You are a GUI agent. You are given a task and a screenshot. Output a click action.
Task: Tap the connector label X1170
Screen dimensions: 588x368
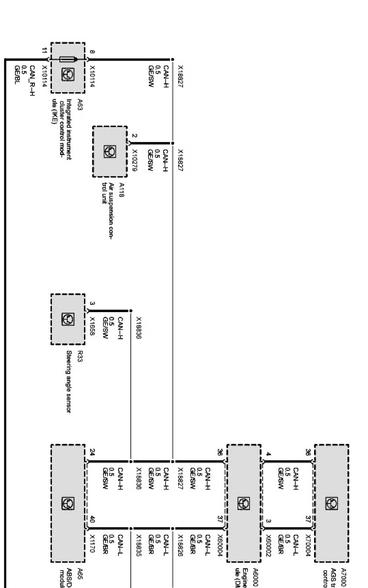coord(93,543)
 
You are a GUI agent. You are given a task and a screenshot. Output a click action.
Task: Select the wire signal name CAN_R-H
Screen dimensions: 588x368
coord(32,80)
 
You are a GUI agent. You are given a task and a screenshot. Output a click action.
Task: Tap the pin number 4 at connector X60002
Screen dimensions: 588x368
coord(269,454)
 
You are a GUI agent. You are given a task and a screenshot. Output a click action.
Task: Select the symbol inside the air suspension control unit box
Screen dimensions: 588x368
coord(110,151)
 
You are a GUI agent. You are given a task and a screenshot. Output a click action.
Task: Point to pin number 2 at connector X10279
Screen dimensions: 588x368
coord(135,136)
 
